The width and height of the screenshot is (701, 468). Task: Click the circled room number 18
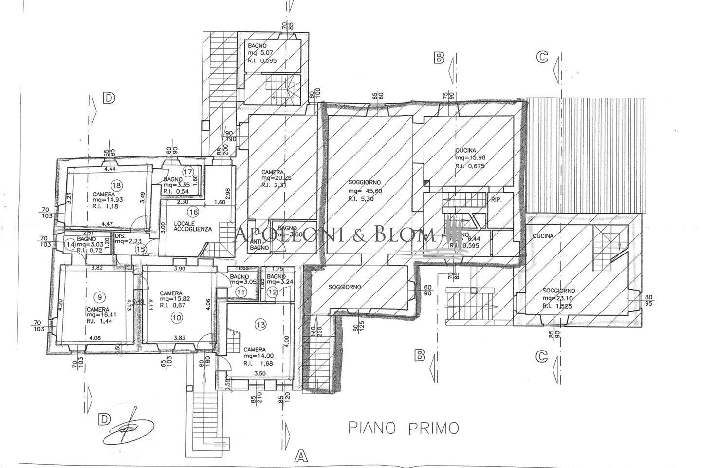point(116,185)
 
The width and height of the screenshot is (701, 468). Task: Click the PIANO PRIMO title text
point(404,429)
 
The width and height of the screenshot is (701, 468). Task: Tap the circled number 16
point(193,212)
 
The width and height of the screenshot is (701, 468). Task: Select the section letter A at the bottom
point(301,456)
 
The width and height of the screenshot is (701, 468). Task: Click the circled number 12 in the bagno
point(272,292)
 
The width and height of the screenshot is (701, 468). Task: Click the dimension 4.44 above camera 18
point(110,169)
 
